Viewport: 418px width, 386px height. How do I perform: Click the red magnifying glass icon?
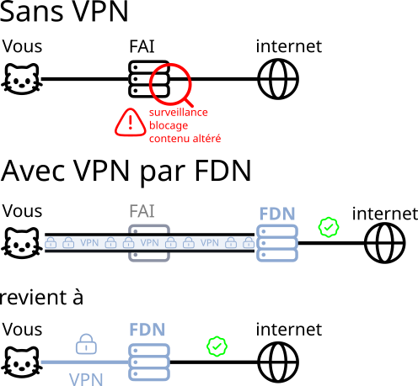(170, 83)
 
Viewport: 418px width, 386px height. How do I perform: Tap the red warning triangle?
(131, 123)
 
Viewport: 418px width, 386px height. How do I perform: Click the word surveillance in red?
(179, 112)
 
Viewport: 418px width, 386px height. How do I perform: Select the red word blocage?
(169, 125)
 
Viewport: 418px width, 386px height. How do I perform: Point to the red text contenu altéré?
(185, 138)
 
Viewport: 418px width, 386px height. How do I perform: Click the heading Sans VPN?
(64, 11)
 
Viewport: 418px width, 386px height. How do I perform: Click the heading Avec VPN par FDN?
(126, 172)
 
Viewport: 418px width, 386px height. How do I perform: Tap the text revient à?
(41, 297)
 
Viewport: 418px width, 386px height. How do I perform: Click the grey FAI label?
(142, 211)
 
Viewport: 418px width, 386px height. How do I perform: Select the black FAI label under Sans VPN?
(142, 46)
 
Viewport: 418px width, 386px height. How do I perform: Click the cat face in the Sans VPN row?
(22, 79)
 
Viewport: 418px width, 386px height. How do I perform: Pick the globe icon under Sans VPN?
(278, 79)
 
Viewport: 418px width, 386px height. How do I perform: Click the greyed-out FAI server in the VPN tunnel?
(149, 243)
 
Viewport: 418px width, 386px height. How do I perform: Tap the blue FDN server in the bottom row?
(149, 362)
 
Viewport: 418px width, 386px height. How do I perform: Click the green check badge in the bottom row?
(217, 346)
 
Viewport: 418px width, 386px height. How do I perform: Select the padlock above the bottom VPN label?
(86, 344)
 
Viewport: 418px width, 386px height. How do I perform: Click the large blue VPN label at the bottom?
(86, 379)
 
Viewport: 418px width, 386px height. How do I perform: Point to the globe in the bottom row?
(278, 362)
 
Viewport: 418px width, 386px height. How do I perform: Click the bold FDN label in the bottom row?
(147, 330)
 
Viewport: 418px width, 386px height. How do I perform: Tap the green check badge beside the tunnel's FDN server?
(329, 227)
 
